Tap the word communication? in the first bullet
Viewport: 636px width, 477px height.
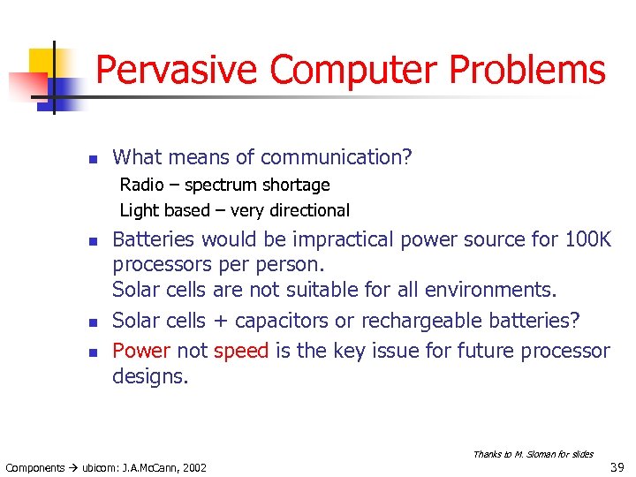click(x=336, y=157)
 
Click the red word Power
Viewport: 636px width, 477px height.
click(x=141, y=351)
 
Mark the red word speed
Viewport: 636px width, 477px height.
click(x=241, y=352)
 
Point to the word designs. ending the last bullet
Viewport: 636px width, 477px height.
click(x=150, y=377)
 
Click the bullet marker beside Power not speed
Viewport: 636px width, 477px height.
click(x=90, y=352)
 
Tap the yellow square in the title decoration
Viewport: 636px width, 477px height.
click(x=42, y=61)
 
